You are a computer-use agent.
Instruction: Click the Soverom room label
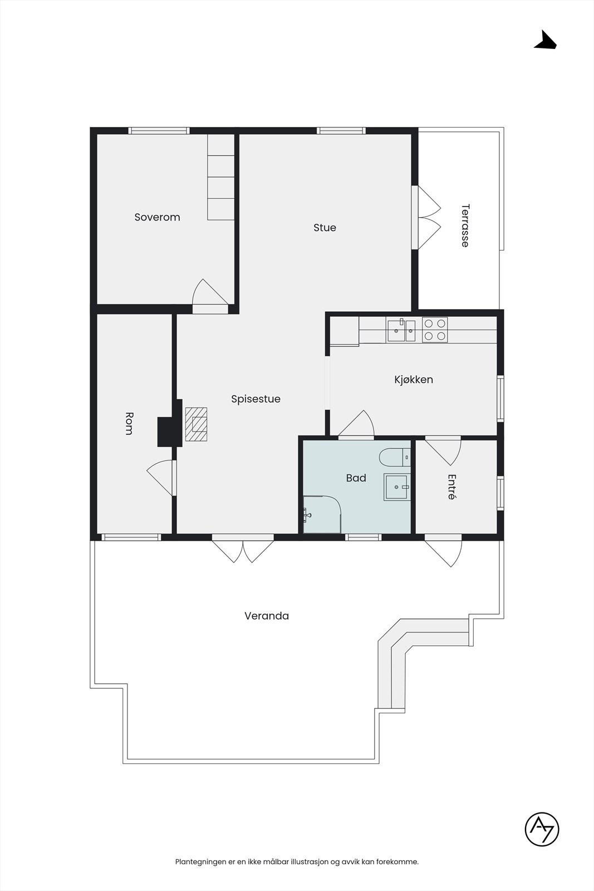pos(157,217)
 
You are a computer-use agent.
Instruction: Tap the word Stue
pos(325,228)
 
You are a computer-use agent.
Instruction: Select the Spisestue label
pos(256,399)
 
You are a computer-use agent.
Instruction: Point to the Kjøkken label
pos(414,379)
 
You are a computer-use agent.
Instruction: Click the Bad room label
pos(356,478)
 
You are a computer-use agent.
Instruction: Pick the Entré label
pos(451,487)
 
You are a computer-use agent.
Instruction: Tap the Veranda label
pos(267,616)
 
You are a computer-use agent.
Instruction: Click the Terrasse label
pos(465,226)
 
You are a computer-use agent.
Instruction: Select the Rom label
pos(129,424)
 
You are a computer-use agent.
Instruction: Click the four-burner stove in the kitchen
pos(435,330)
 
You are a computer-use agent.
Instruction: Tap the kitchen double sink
pos(401,330)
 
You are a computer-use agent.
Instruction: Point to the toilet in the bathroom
pos(395,457)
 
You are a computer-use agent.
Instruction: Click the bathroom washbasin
pos(396,487)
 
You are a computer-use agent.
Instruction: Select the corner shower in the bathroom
pos(322,515)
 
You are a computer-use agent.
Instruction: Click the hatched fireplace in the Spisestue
pos(196,424)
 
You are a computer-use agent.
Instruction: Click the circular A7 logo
pos(542,829)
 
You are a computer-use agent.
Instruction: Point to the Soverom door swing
pos(210,292)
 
